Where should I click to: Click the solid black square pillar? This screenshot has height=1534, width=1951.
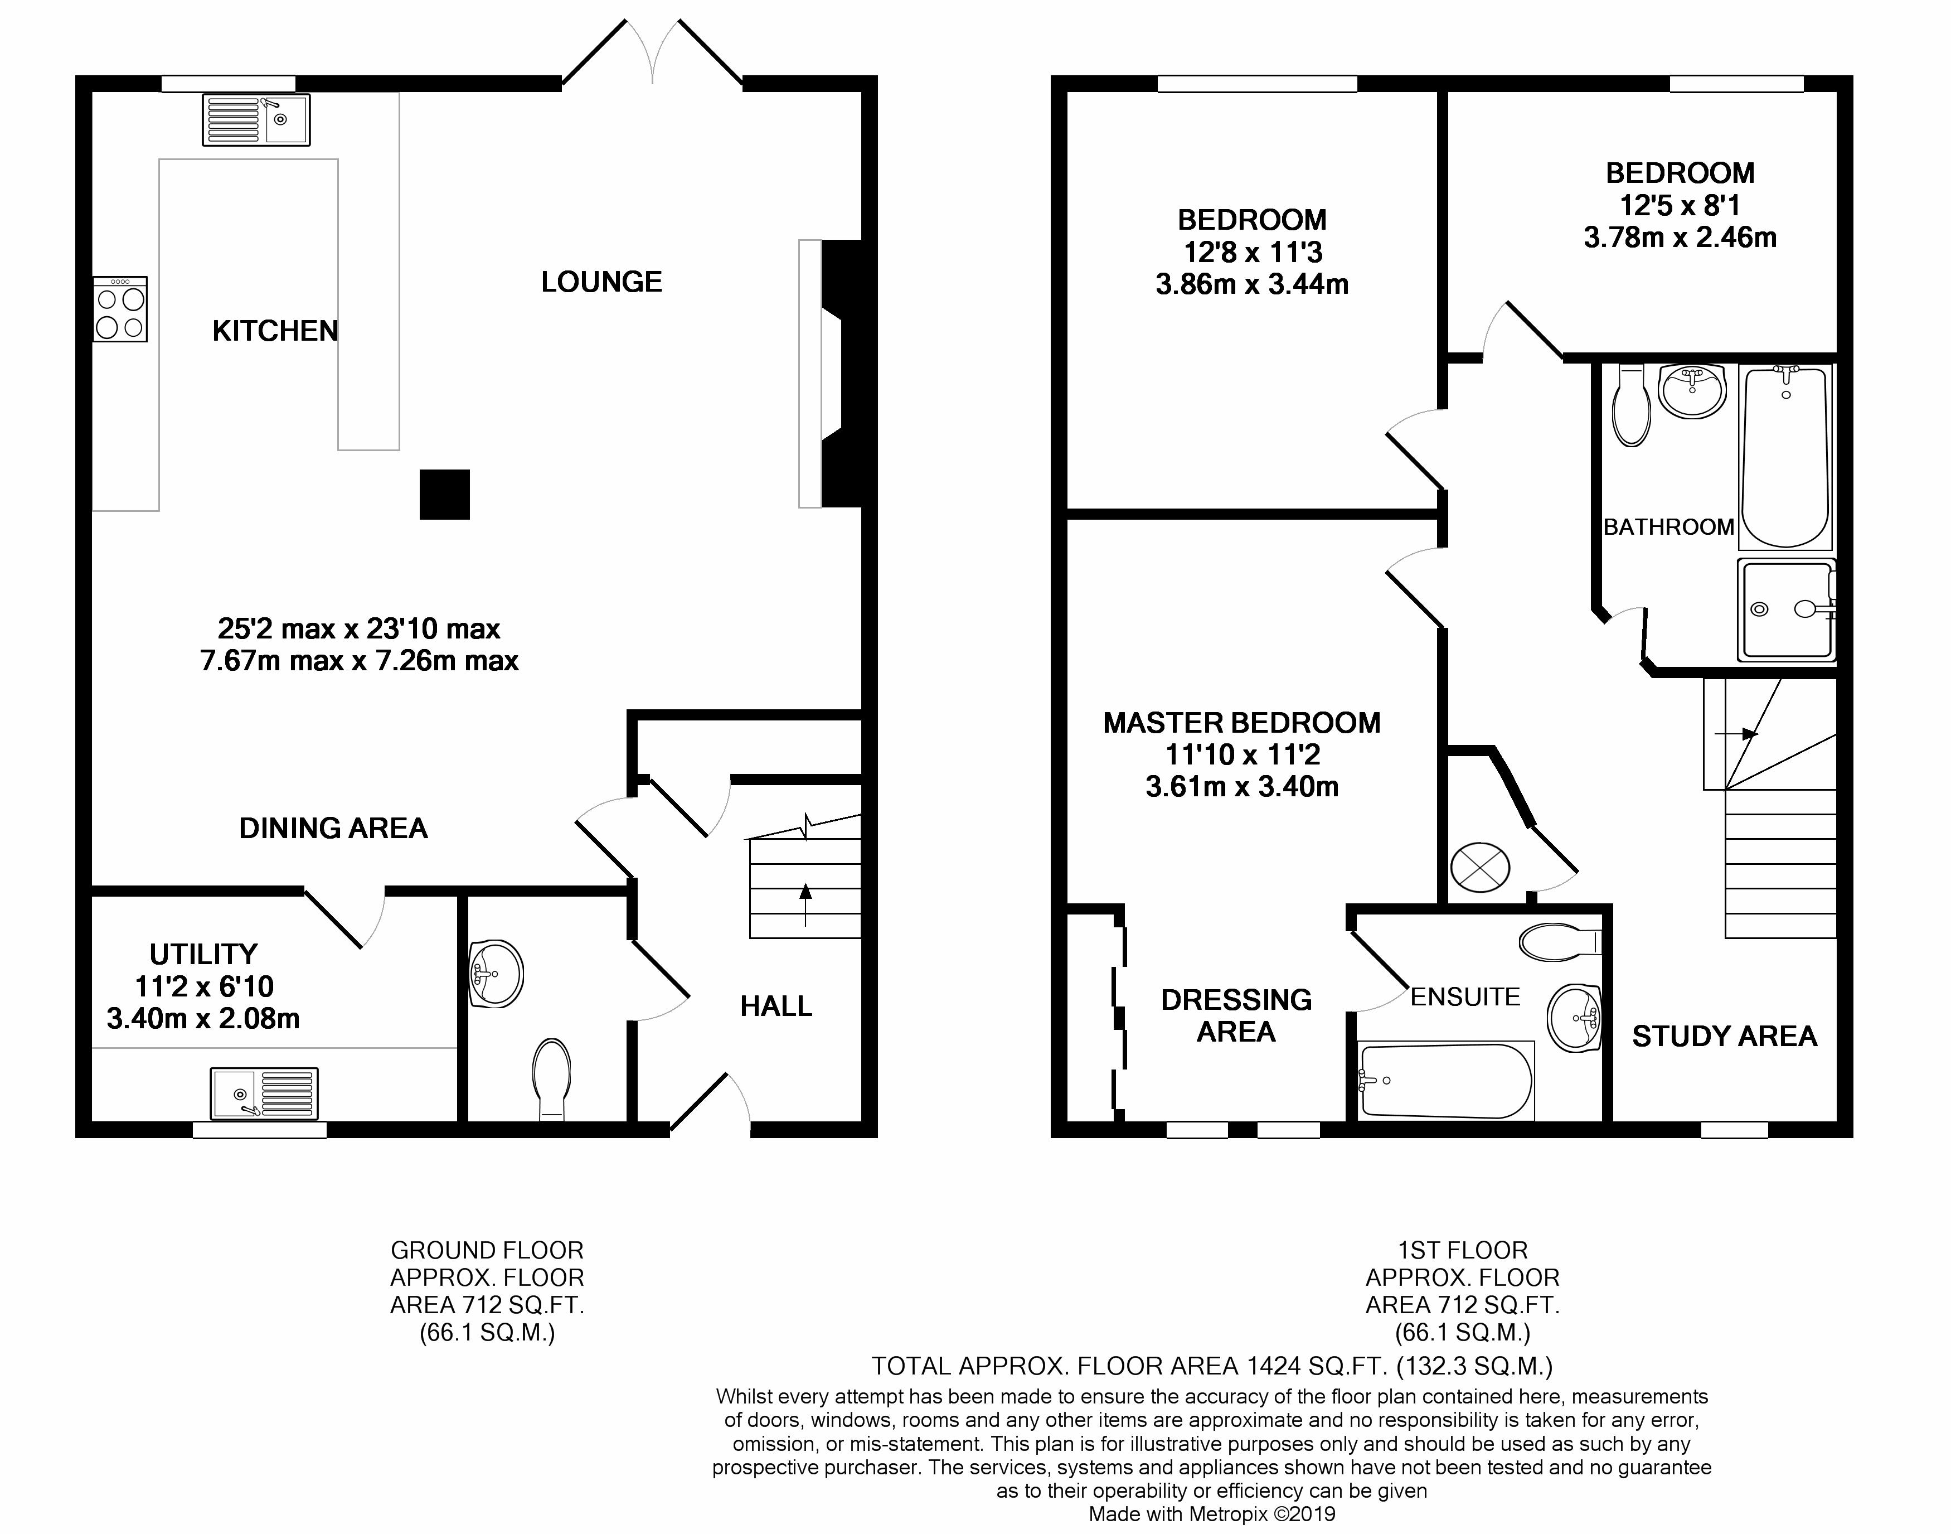point(444,494)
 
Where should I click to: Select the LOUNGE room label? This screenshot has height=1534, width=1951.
point(601,282)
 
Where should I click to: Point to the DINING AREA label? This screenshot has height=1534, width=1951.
point(333,828)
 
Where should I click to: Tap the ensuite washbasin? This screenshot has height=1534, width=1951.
point(1576,1018)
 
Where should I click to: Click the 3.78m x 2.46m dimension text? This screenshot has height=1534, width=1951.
point(1680,238)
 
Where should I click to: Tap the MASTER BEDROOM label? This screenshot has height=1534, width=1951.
point(1242,723)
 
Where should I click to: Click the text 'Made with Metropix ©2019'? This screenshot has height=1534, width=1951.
point(1212,1514)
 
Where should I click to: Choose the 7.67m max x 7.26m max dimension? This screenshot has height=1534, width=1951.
point(359,661)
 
